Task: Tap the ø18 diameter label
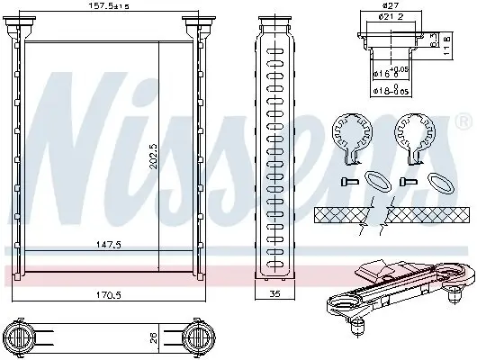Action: (387, 91)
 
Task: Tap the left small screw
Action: (346, 182)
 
